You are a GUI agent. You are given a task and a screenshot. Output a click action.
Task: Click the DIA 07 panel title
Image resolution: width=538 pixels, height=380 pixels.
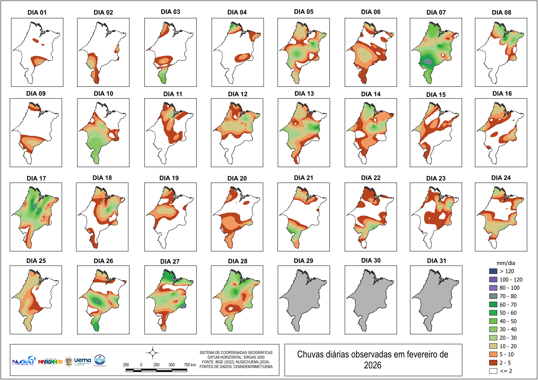click(436, 12)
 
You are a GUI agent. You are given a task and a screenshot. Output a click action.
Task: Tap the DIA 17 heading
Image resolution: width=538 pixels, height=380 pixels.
click(36, 178)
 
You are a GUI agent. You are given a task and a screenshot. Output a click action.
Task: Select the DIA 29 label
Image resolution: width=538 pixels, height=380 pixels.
click(303, 261)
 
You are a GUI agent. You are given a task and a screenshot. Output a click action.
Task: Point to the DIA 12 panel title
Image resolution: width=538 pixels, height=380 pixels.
click(238, 94)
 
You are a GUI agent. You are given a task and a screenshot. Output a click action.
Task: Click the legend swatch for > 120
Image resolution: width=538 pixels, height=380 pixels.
click(493, 271)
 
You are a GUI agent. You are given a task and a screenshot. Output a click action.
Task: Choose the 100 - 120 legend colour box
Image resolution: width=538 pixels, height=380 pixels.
click(493, 280)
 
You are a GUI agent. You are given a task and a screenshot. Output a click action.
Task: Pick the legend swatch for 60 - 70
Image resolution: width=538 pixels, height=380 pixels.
click(493, 305)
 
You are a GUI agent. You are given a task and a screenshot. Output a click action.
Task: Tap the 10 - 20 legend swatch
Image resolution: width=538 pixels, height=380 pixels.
click(493, 346)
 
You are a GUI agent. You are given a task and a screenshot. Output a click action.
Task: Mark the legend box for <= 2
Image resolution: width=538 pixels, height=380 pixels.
click(493, 371)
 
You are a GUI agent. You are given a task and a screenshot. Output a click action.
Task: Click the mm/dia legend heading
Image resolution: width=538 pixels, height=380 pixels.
click(505, 263)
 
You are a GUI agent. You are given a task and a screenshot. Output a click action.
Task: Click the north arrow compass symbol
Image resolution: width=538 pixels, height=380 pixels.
click(152, 353)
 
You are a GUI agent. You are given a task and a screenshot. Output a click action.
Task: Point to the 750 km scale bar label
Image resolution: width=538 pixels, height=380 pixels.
click(190, 365)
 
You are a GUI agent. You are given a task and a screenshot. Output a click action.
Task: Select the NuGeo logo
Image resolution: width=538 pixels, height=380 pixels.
click(23, 361)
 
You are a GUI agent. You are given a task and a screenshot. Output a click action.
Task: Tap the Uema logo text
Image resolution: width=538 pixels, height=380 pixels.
click(83, 360)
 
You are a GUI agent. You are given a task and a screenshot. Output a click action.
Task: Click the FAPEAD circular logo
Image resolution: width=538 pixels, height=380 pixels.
click(100, 360)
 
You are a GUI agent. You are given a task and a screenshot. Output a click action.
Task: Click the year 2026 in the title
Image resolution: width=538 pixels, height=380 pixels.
click(373, 365)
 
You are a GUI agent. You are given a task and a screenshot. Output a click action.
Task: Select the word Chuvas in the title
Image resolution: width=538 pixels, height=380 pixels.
click(308, 354)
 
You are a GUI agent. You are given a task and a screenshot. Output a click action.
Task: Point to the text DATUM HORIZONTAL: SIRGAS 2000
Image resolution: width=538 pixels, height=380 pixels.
click(236, 357)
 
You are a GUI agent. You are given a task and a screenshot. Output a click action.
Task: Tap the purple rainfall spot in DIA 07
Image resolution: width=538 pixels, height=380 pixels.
click(429, 61)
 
